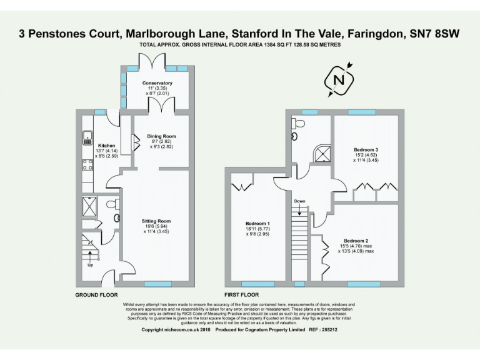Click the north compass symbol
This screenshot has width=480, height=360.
point(339,80)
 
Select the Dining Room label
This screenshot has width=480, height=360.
point(161,136)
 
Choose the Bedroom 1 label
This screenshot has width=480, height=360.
point(257,224)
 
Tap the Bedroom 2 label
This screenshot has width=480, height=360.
point(356,241)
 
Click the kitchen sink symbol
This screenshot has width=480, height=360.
point(86,137)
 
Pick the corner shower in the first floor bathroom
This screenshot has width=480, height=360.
point(322,153)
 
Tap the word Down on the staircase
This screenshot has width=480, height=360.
point(299,201)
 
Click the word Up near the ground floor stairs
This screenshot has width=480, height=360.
point(91,264)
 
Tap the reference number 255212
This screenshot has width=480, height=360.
point(330,329)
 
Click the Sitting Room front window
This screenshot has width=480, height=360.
point(157,284)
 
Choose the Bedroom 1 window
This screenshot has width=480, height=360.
point(257,284)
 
